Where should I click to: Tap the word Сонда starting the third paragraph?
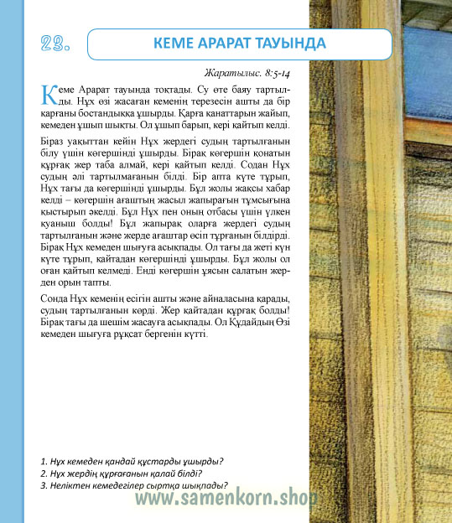(55, 299)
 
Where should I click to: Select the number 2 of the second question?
(43, 474)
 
